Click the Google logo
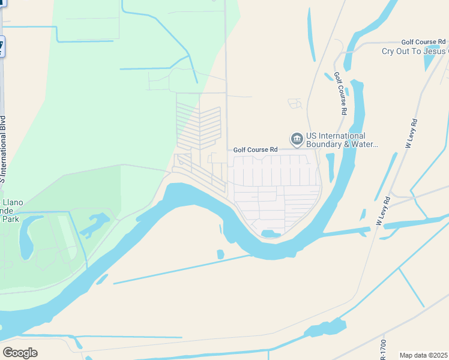(20, 353)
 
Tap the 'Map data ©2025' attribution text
(424, 355)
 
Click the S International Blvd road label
(3, 149)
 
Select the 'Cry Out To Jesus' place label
(415, 51)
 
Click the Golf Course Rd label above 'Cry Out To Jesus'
(424, 42)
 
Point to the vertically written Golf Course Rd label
(340, 94)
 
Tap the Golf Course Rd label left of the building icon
(255, 149)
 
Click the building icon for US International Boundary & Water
(297, 140)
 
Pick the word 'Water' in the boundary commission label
(364, 144)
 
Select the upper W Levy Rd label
(412, 133)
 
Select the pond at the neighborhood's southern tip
(271, 233)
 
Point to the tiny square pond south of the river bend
(220, 254)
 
